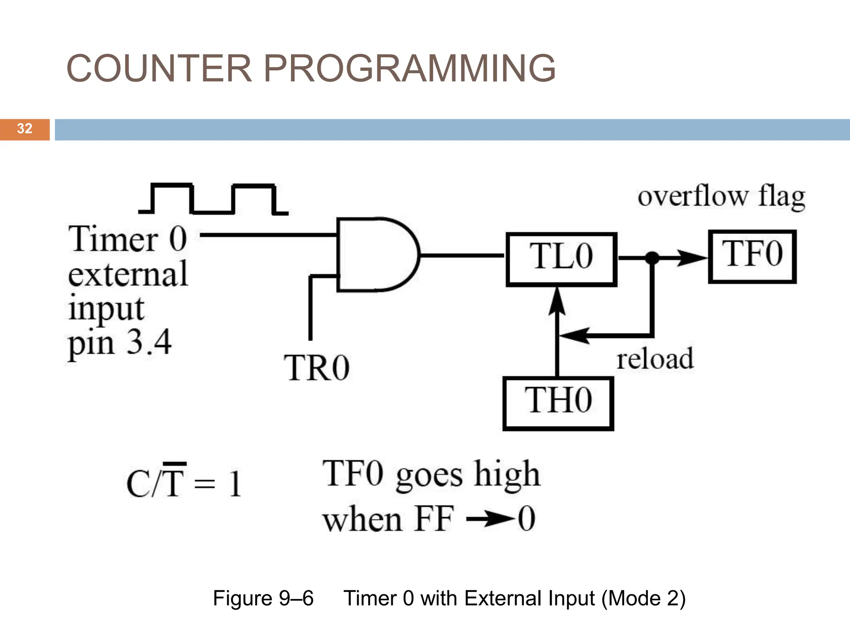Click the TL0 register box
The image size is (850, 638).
561,259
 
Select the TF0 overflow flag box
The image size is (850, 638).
752,256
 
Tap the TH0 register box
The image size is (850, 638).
558,403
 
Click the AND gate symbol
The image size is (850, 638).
376,254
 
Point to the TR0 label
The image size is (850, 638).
317,368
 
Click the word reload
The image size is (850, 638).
655,359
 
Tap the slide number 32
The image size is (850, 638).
24,129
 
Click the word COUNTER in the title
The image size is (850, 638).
159,69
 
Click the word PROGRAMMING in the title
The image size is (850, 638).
409,69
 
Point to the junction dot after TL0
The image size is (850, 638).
652,258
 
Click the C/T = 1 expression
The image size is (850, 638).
184,483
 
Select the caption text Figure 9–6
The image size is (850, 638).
263,599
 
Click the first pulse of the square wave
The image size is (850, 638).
172,199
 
